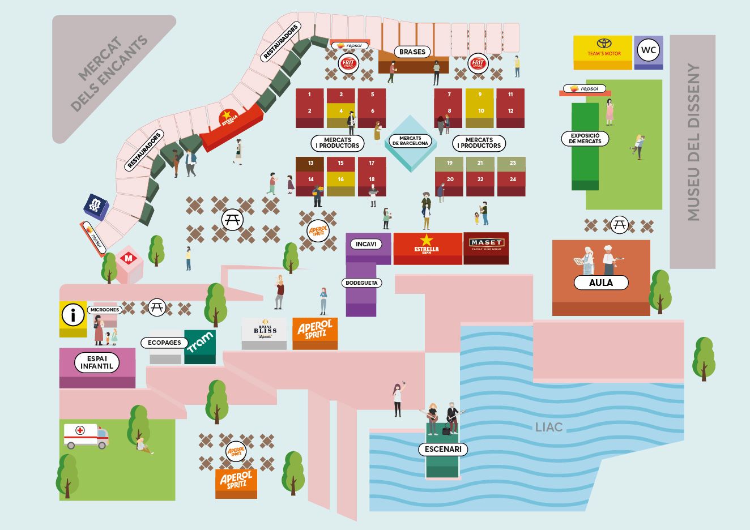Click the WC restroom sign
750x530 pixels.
(x=649, y=50)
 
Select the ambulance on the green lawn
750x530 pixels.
(x=86, y=435)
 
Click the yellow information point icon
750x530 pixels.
(x=73, y=315)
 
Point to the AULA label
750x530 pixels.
(x=600, y=283)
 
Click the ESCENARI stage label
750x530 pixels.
(x=443, y=449)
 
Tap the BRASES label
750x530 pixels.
(x=412, y=52)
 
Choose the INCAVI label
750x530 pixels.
(x=366, y=244)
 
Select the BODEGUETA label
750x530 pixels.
(x=361, y=283)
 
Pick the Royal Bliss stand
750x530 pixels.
(x=265, y=332)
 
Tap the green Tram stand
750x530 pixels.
(x=200, y=344)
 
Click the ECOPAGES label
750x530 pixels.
(x=164, y=343)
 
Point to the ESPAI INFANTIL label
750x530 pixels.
(x=97, y=362)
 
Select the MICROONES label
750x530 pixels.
(x=105, y=310)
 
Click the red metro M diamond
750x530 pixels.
(x=129, y=259)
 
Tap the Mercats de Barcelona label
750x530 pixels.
(x=410, y=140)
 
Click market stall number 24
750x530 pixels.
(x=513, y=179)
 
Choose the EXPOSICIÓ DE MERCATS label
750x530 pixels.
(x=585, y=138)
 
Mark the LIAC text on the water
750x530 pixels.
(x=548, y=427)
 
